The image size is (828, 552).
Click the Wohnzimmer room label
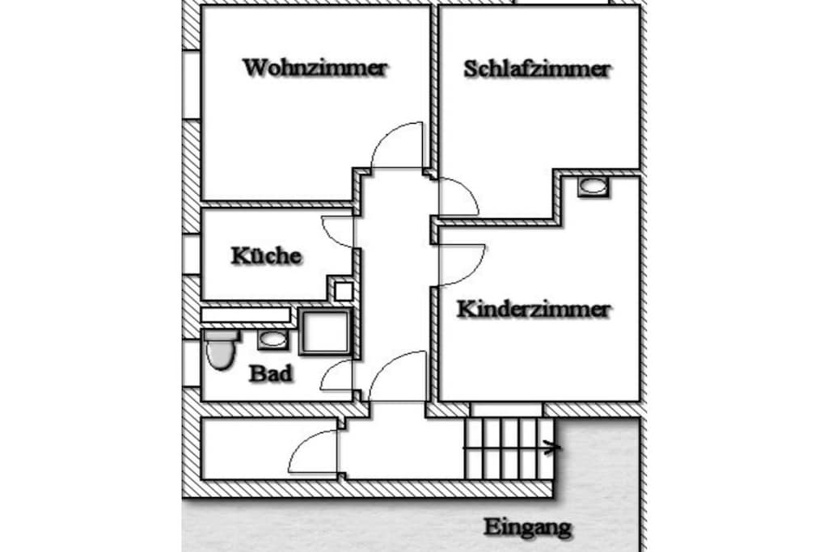[315, 68]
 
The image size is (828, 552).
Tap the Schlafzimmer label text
[537, 70]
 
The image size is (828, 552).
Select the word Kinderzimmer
[534, 310]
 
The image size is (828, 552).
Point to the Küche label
[267, 256]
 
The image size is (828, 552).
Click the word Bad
[271, 373]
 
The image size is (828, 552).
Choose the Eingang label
[527, 527]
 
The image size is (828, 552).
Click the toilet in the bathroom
[221, 349]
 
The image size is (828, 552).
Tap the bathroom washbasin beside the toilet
[273, 339]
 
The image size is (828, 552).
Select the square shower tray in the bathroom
[325, 332]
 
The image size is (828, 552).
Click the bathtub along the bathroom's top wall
[246, 315]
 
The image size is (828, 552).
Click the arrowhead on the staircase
[553, 448]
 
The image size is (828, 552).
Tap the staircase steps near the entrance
[509, 449]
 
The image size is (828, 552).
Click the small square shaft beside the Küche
[344, 291]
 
